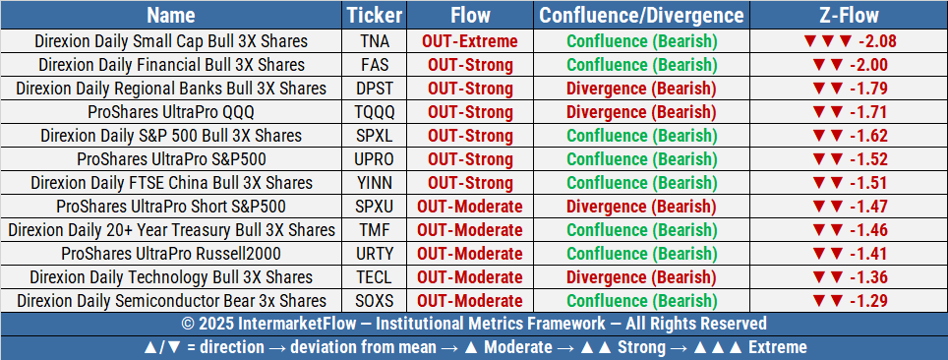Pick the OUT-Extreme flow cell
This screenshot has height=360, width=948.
pyautogui.click(x=469, y=41)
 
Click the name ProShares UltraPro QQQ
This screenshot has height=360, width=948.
pyautogui.click(x=171, y=112)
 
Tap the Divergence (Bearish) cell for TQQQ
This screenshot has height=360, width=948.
pyautogui.click(x=641, y=112)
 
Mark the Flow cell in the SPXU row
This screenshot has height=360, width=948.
pyautogui.click(x=469, y=207)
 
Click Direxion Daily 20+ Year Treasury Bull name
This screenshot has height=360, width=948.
pyautogui.click(x=171, y=230)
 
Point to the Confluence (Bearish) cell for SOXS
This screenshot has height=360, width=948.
pyautogui.click(x=641, y=301)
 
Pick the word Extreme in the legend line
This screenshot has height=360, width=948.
pyautogui.click(x=776, y=347)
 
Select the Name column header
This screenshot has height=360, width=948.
pyautogui.click(x=171, y=16)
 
